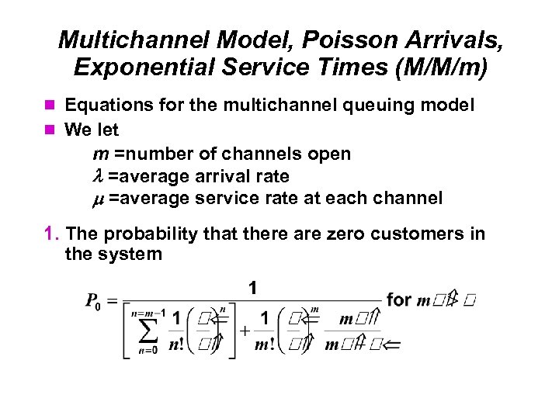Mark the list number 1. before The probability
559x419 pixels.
(x=51, y=234)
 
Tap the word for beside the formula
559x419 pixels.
(x=398, y=300)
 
